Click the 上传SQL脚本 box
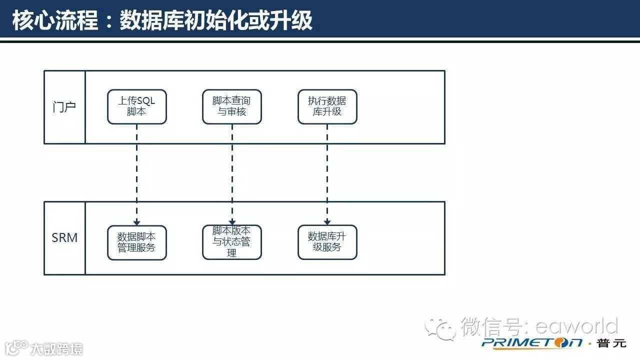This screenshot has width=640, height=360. click(136, 106)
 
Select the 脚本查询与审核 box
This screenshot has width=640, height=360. click(231, 106)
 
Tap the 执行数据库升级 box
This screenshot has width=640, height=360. click(327, 106)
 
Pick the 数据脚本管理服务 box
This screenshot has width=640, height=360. click(136, 242)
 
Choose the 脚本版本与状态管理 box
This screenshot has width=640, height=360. click(231, 242)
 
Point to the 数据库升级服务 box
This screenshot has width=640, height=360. click(327, 242)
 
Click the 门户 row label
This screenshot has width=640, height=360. click(64, 107)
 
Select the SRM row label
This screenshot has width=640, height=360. click(64, 238)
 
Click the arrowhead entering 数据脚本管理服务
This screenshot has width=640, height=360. click(136, 222)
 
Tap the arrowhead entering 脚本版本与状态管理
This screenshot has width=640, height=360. click(232, 222)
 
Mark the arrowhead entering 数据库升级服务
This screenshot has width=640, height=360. click(327, 222)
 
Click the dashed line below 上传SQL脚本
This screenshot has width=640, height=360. click(136, 170)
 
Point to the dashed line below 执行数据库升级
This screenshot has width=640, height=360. click(327, 170)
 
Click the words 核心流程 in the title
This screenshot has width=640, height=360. click(55, 21)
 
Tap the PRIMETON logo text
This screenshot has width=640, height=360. click(532, 343)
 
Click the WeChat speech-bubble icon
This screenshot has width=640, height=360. click(440, 328)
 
